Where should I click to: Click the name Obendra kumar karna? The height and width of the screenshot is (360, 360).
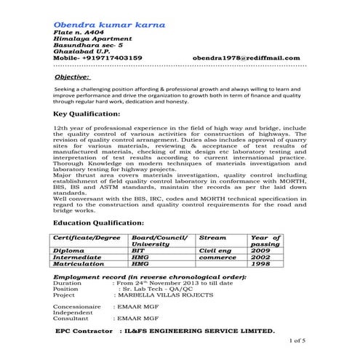(x=109, y=25)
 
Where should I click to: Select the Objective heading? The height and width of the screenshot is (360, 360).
(x=72, y=76)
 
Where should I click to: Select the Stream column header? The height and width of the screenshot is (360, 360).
(x=212, y=238)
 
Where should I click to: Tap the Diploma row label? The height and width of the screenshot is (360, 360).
(x=71, y=251)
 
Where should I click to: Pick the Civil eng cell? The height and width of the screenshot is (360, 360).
(x=217, y=251)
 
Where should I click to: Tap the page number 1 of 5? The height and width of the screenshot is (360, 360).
(x=298, y=340)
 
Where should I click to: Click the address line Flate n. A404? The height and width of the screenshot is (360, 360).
(x=78, y=34)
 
